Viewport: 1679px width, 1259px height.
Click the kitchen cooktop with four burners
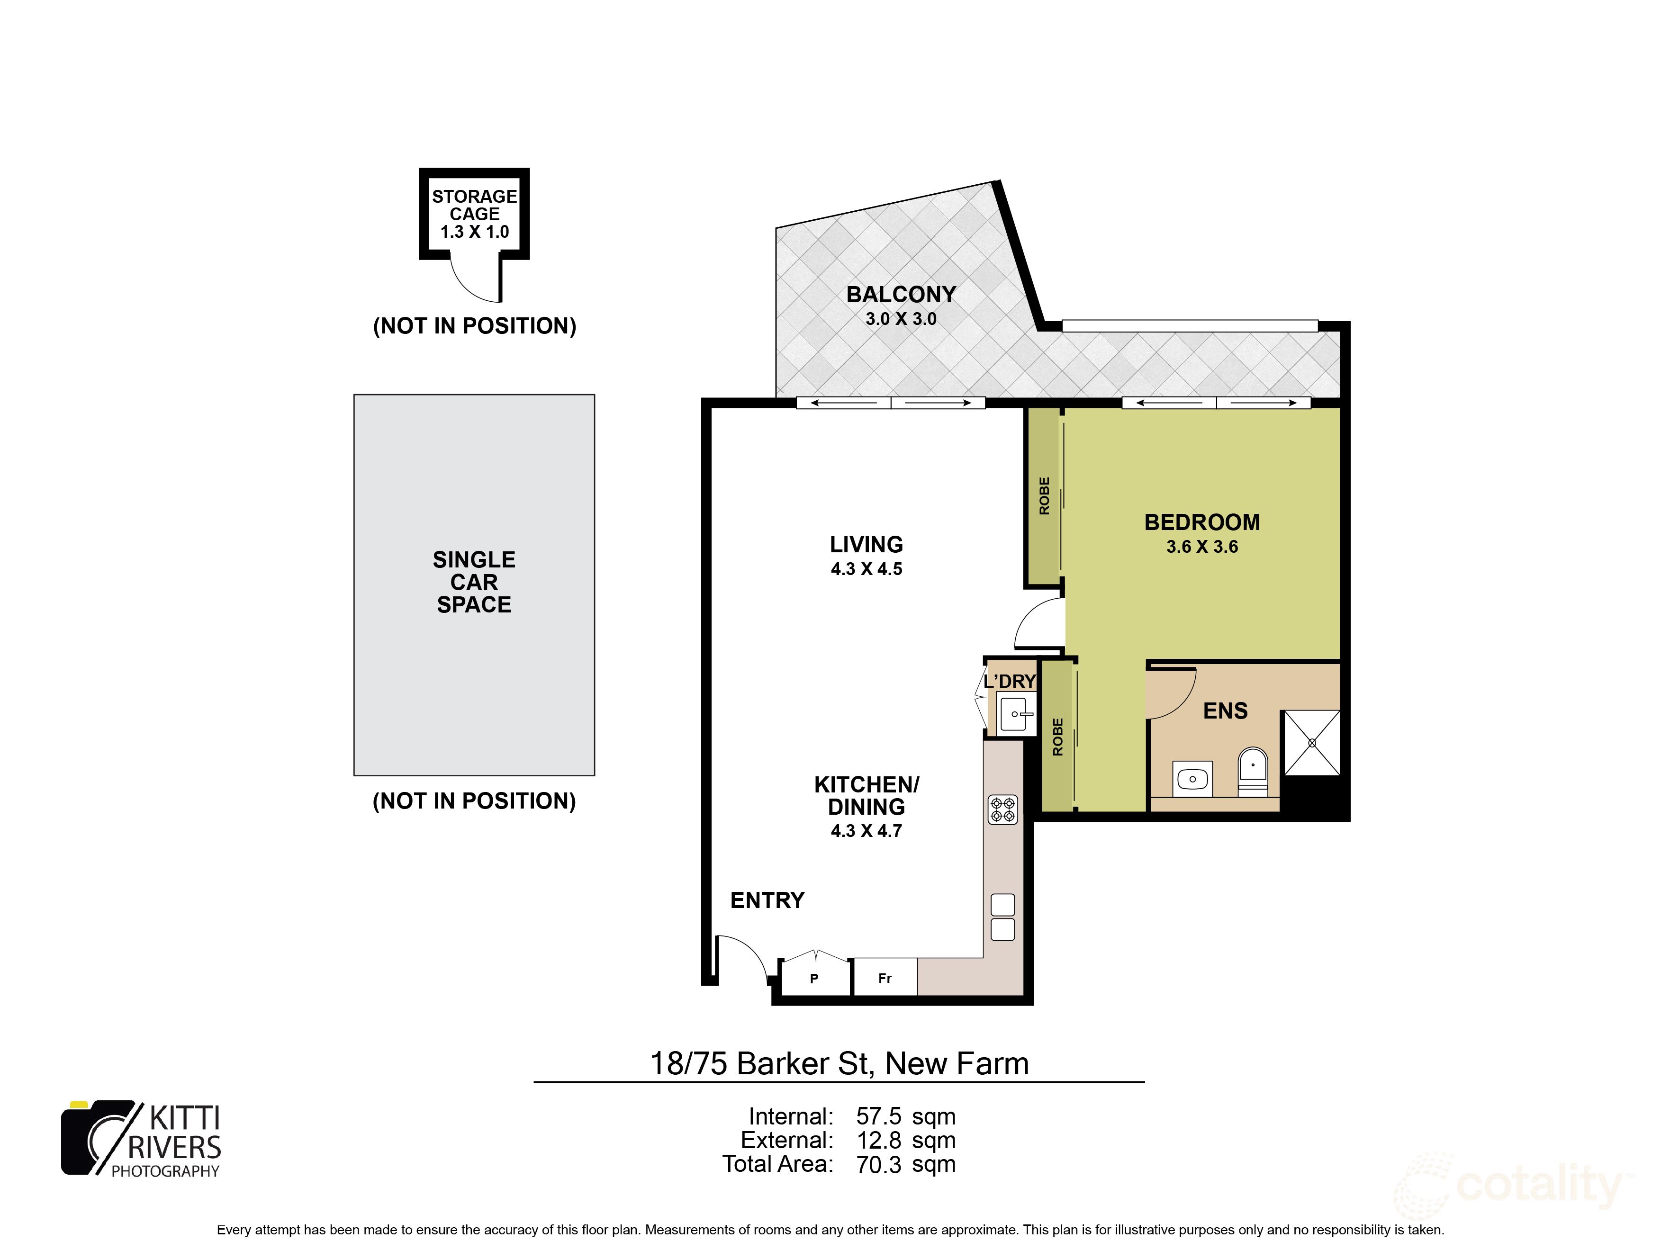[1002, 810]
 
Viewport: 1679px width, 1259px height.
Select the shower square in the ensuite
[1312, 743]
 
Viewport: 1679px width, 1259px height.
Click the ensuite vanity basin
[1192, 779]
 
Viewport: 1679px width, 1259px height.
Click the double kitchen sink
[1002, 917]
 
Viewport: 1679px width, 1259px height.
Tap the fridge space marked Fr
[885, 978]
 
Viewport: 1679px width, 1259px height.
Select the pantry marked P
[814, 978]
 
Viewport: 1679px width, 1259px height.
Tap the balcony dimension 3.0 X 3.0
[901, 319]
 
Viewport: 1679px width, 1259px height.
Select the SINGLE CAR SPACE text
[474, 582]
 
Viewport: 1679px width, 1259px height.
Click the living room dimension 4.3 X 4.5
[866, 569]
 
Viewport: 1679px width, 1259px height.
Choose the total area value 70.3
[879, 1164]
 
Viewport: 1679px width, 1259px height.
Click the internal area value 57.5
[879, 1116]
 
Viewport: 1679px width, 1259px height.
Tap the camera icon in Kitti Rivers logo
[95, 1138]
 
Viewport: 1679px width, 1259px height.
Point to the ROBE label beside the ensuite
[1058, 737]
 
